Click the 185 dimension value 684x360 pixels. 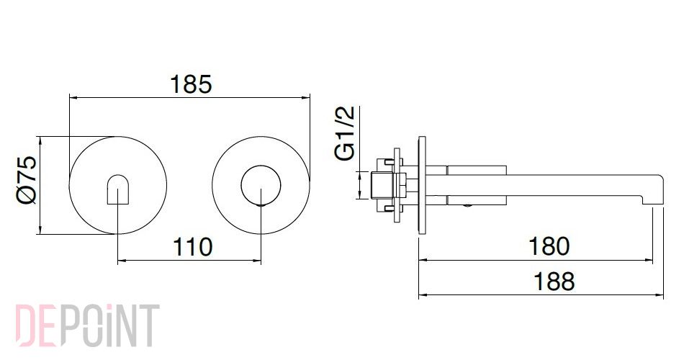click(x=191, y=84)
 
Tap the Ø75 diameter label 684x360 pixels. click(x=27, y=180)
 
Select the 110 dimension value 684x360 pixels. click(x=192, y=247)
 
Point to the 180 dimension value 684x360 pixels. click(x=549, y=246)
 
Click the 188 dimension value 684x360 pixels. click(x=554, y=282)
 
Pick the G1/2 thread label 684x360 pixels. click(x=346, y=133)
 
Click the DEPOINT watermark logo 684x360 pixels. click(x=87, y=325)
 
